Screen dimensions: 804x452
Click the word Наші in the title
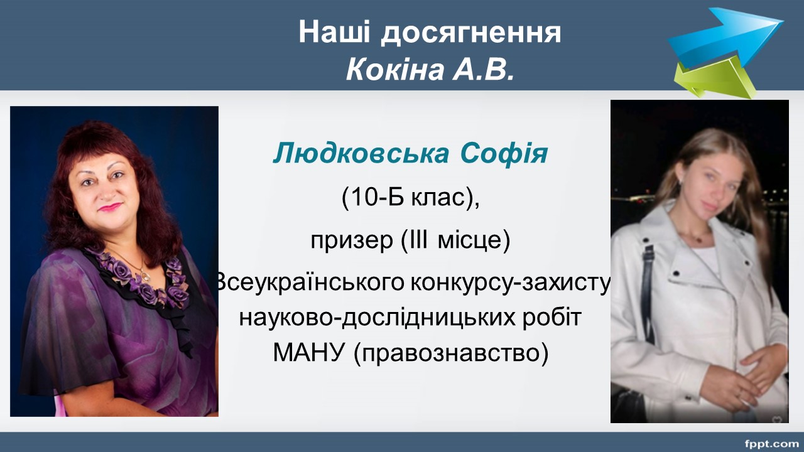(x=334, y=31)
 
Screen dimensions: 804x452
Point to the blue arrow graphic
(x=725, y=38)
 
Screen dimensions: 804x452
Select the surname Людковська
(x=361, y=154)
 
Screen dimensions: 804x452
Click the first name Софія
(x=504, y=154)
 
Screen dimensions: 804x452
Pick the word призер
(x=352, y=240)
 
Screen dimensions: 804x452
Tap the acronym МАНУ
(x=308, y=352)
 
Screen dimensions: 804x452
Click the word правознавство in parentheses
(x=451, y=353)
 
